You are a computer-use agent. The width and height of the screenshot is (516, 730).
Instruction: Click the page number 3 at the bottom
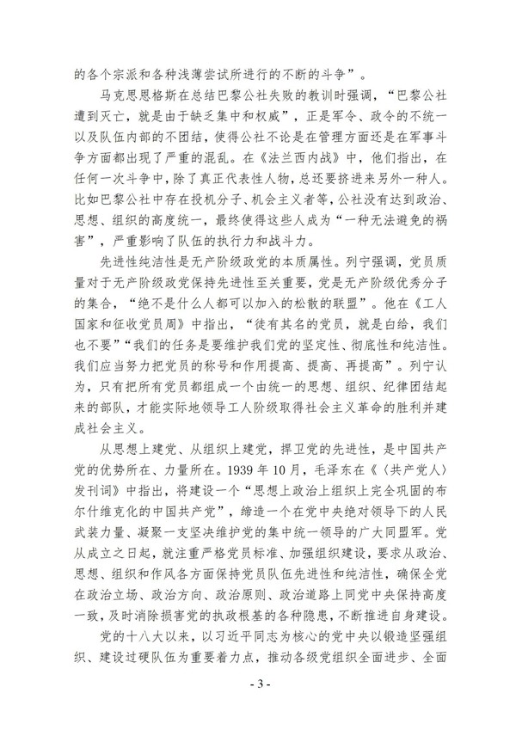(258, 711)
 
